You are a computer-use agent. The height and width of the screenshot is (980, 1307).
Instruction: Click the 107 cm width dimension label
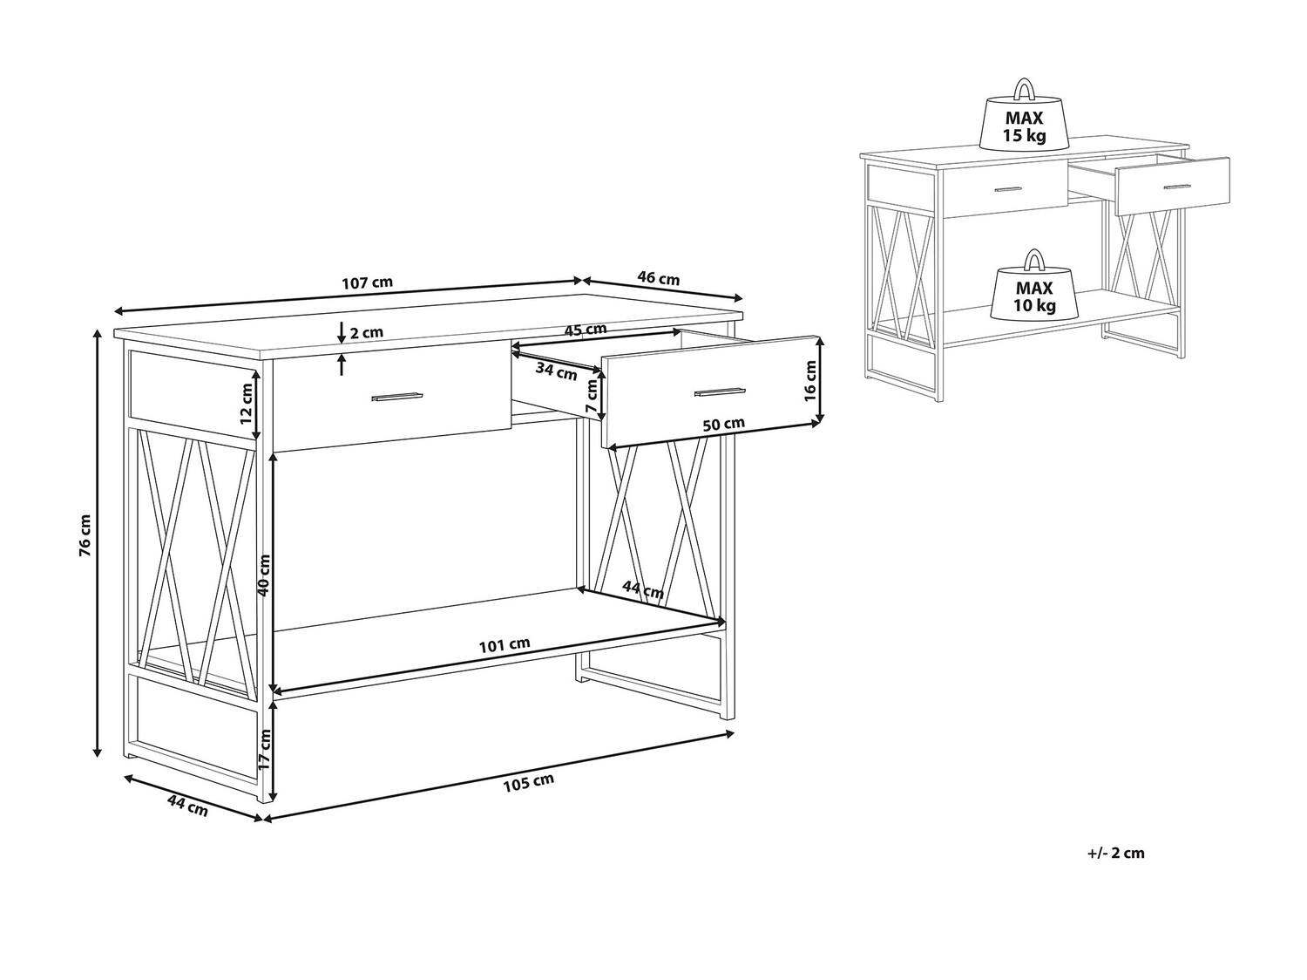pos(368,282)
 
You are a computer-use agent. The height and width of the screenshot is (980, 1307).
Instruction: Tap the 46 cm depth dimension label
pos(658,277)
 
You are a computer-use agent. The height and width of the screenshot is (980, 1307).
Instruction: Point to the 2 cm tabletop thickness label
pos(366,332)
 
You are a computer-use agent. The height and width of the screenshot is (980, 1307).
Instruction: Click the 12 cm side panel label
pos(246,403)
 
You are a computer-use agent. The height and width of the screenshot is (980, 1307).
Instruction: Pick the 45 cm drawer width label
pos(586,330)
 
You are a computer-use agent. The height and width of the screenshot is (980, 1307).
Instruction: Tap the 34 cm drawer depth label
pos(556,371)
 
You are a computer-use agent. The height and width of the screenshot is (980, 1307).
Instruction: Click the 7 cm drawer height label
pos(592,397)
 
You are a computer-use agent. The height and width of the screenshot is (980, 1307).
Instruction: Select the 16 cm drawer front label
pos(809,381)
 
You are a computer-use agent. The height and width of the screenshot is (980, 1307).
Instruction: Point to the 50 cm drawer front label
pos(723,425)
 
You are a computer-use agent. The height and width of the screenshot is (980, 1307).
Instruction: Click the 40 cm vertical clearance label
pos(264,575)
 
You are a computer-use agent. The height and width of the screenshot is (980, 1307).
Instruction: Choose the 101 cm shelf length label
pos(505,645)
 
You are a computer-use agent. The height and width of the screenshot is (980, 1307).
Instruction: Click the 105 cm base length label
pos(529,783)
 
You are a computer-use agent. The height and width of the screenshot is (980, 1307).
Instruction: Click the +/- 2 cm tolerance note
pos(1116,853)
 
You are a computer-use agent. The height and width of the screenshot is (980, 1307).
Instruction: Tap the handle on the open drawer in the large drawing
pos(720,391)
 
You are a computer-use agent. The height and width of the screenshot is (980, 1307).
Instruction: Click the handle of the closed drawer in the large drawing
pos(396,396)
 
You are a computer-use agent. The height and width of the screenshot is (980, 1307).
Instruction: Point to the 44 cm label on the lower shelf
pos(643,590)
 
